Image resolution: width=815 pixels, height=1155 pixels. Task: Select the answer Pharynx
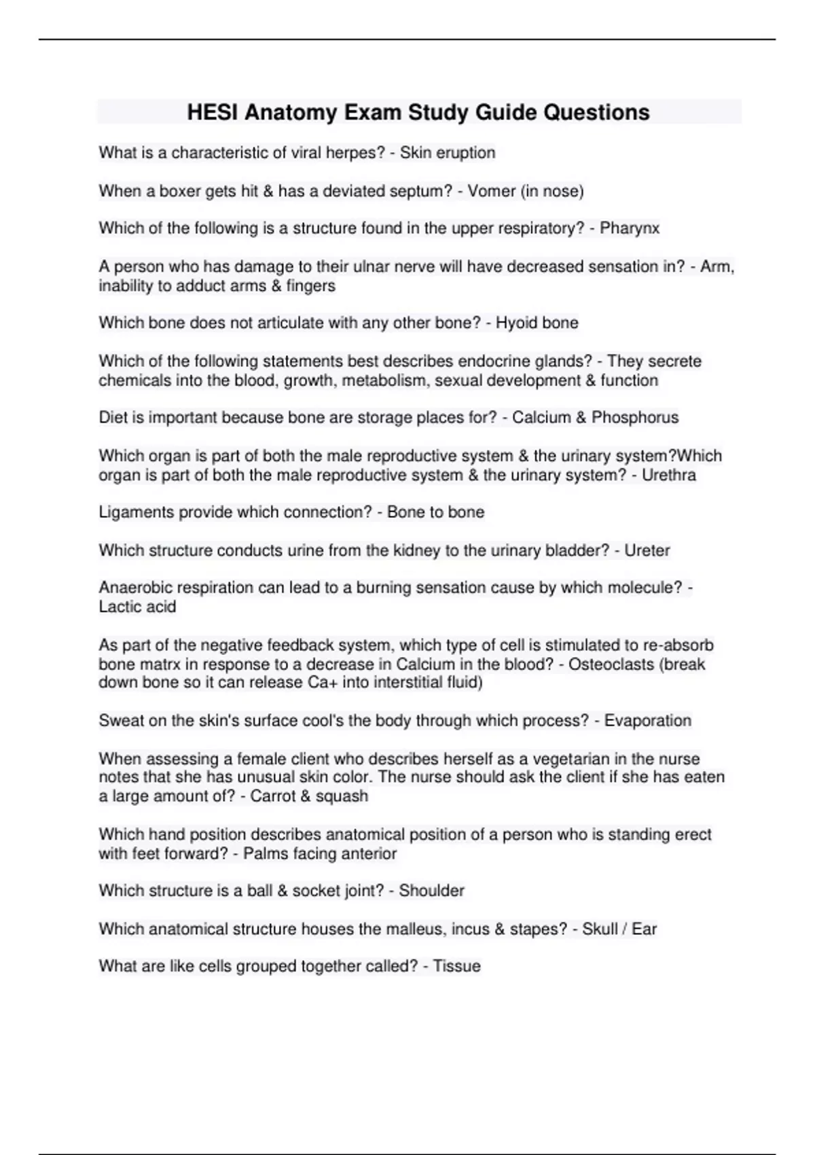click(x=630, y=228)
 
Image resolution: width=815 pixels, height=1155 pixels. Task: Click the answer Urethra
click(x=668, y=475)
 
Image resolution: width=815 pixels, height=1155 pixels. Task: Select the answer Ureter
click(x=647, y=550)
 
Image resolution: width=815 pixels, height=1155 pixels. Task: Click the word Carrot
click(x=270, y=796)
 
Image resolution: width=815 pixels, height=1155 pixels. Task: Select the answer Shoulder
click(x=431, y=891)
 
